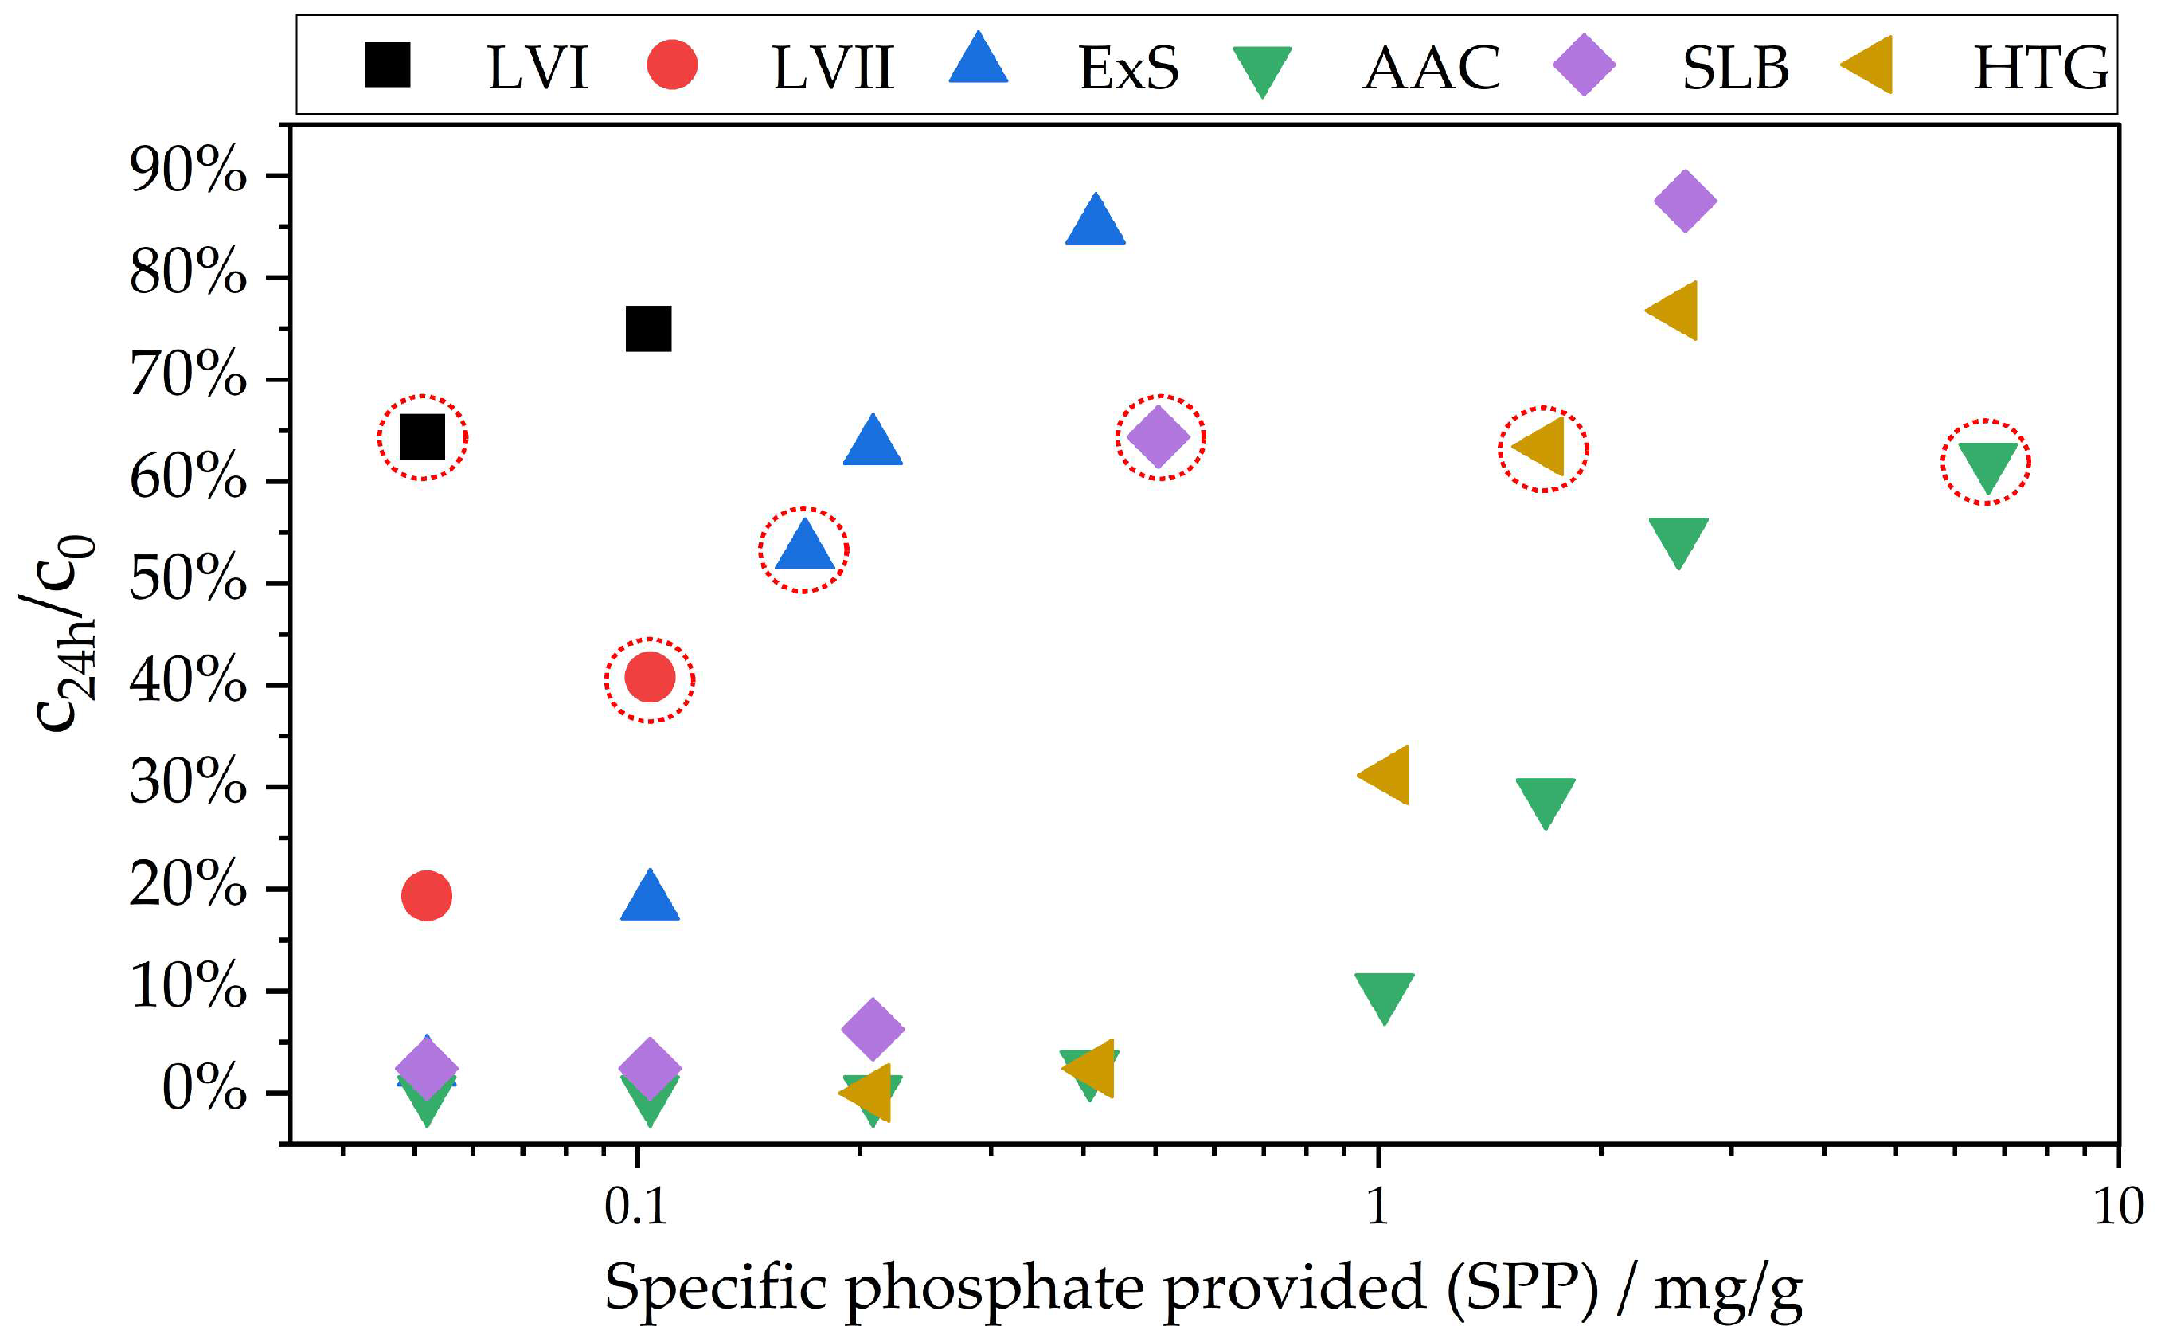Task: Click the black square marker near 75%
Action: pyautogui.click(x=647, y=329)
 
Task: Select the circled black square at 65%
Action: pyautogui.click(x=422, y=436)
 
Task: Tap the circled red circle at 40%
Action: pyautogui.click(x=649, y=679)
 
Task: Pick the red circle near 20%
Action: pyautogui.click(x=426, y=895)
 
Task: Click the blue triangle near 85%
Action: pyautogui.click(x=1095, y=221)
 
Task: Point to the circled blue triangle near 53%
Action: pyautogui.click(x=803, y=547)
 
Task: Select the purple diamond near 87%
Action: pyautogui.click(x=1685, y=201)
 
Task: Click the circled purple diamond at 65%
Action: pyautogui.click(x=1159, y=436)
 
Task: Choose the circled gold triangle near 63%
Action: pyautogui.click(x=1542, y=448)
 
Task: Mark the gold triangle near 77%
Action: pyautogui.click(x=1674, y=311)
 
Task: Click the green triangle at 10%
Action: pyautogui.click(x=1383, y=996)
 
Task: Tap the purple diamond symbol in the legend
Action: pyautogui.click(x=1585, y=65)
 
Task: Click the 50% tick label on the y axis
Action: pyautogui.click(x=188, y=580)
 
